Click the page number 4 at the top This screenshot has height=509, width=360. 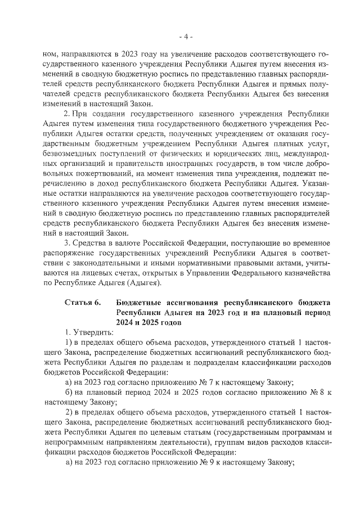pos(185,38)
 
